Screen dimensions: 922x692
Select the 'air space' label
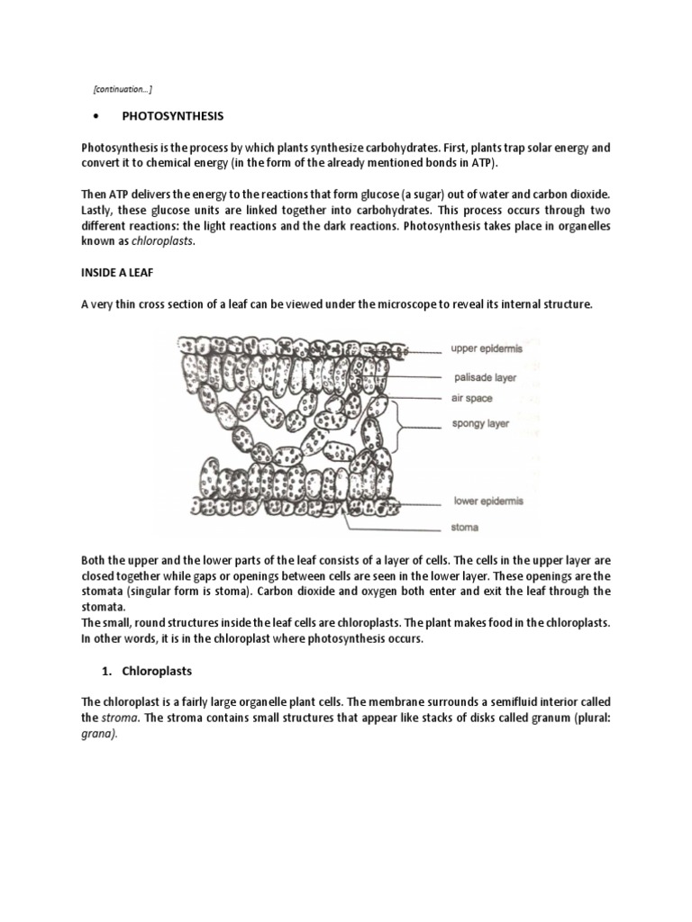(x=471, y=398)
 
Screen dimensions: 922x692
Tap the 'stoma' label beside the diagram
(x=465, y=528)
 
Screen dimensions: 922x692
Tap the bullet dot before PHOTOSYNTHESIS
(x=96, y=118)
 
